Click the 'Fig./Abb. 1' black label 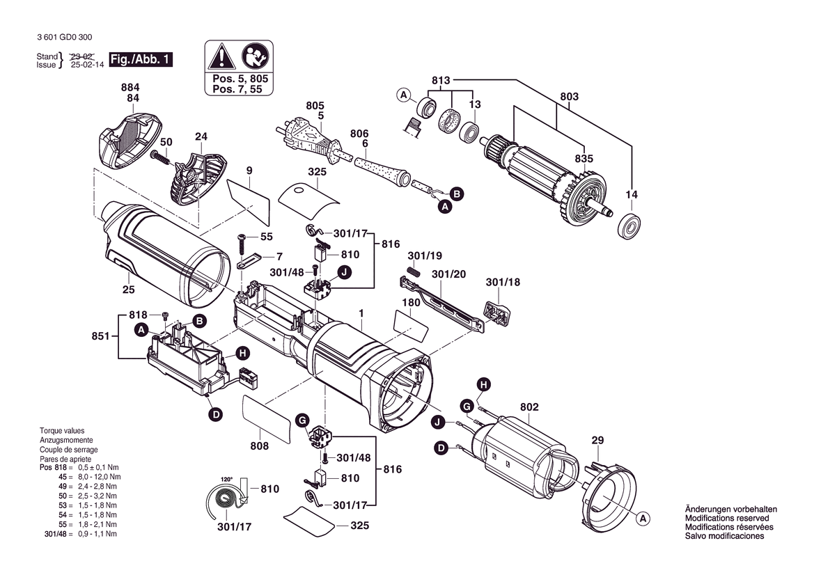click(141, 60)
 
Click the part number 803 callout click(569, 96)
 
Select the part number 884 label click(130, 88)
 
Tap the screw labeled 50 click(162, 159)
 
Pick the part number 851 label click(100, 336)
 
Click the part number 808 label click(259, 446)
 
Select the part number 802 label click(529, 407)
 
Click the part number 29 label click(597, 440)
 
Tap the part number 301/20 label click(448, 274)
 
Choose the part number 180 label click(411, 303)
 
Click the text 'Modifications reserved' click(726, 519)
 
